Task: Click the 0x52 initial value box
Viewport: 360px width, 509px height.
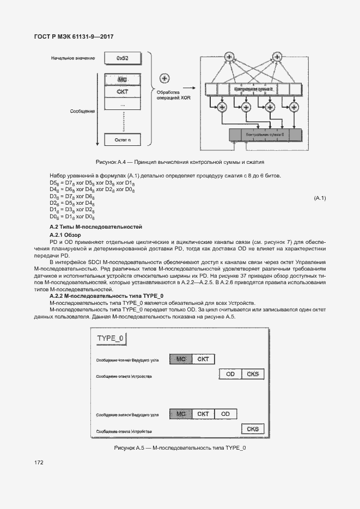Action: [122, 58]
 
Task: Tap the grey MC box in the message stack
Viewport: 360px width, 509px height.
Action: [122, 79]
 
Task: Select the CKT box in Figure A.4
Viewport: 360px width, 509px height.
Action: [122, 91]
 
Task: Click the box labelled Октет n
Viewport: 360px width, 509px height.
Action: [122, 140]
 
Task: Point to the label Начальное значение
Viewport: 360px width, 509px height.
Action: [73, 58]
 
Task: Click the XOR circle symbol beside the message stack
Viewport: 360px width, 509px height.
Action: [164, 79]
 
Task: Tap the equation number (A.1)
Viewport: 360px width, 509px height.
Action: [320, 198]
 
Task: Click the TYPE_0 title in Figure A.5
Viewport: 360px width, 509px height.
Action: [111, 338]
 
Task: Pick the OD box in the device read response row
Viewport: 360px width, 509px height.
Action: [230, 374]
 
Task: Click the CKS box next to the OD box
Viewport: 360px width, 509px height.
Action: [253, 374]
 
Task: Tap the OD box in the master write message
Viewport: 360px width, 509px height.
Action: [225, 414]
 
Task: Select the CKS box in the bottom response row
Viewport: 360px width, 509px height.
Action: [253, 429]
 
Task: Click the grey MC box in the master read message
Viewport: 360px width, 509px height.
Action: [181, 359]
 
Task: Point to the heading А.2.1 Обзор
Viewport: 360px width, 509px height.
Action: [65, 235]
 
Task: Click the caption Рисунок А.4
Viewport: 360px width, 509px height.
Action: [179, 162]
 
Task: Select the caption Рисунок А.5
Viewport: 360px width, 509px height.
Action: [180, 447]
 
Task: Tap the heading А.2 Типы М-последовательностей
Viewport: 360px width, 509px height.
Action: [95, 226]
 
